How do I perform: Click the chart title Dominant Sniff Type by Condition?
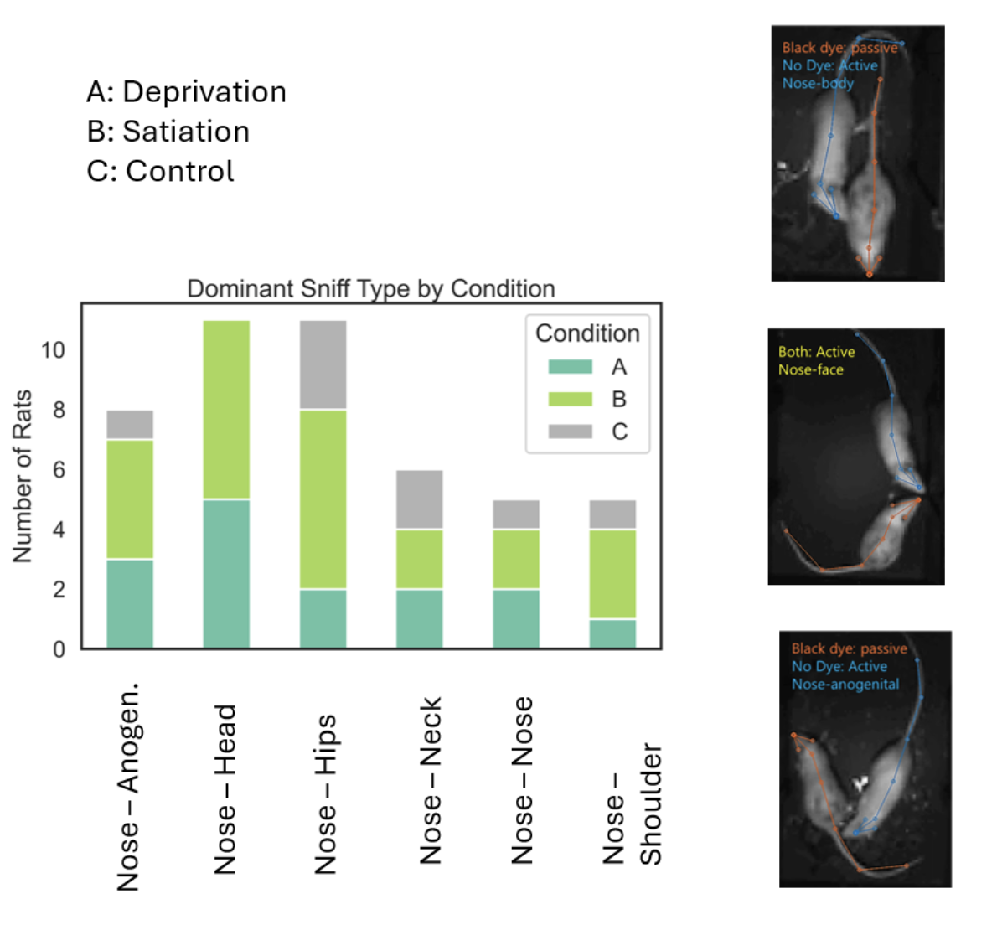[370, 289]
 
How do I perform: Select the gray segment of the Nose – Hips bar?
[323, 365]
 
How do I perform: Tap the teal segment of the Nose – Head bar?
[226, 573]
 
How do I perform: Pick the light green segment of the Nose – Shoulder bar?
[612, 574]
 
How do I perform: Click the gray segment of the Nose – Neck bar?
[419, 499]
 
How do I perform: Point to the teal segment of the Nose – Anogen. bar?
[130, 603]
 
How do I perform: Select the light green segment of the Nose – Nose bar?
[516, 559]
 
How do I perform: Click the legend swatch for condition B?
[570, 399]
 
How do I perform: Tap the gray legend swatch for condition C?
[570, 431]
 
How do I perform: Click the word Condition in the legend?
[587, 333]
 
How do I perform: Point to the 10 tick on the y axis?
[53, 350]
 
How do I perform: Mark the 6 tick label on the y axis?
[59, 470]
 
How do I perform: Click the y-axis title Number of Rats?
[23, 476]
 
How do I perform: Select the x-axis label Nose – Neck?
[430, 780]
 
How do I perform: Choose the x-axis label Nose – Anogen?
[128, 787]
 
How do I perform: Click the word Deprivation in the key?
[204, 92]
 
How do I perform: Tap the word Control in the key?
[179, 171]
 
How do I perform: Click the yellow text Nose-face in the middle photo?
[810, 369]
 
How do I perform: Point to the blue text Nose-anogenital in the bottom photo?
[845, 685]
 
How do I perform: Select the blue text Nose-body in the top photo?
[818, 83]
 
